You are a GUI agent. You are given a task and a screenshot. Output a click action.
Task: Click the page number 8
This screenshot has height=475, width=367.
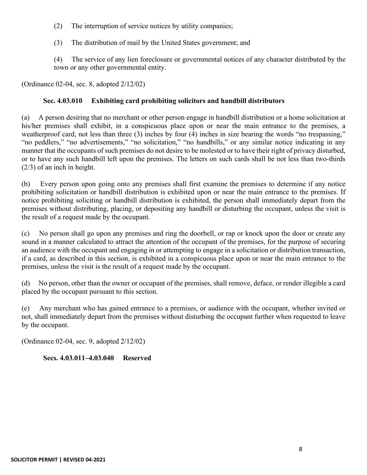point(301,449)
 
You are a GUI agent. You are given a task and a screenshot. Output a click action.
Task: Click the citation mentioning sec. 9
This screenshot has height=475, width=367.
point(83,341)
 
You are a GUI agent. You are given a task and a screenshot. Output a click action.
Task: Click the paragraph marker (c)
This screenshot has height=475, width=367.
point(25,234)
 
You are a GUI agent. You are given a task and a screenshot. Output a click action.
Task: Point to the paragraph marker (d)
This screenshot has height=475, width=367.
point(25,283)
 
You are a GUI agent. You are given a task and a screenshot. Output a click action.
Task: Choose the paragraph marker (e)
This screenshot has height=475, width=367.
point(25,308)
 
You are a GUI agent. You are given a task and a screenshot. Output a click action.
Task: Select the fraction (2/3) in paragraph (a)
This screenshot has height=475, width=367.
point(29,167)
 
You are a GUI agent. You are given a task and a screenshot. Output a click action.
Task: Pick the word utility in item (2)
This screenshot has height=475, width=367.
point(188,26)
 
